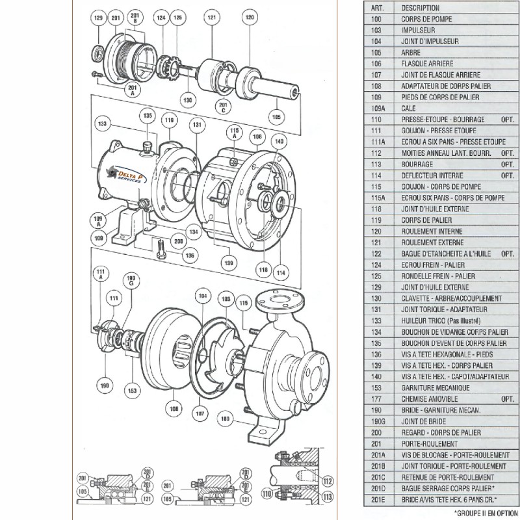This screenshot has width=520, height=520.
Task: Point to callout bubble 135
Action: (148, 116)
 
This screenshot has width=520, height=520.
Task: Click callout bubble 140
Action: (279, 141)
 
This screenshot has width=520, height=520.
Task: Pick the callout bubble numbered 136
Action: (189, 255)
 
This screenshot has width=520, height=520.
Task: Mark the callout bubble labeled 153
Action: (133, 391)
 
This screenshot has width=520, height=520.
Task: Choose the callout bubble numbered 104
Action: (203, 296)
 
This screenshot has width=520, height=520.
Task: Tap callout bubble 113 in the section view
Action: (327, 496)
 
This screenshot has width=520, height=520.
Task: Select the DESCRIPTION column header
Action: (420, 8)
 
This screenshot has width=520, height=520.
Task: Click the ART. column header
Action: (375, 8)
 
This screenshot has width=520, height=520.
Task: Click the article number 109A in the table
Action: (375, 108)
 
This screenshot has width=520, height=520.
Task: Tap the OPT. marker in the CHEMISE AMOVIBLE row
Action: (508, 399)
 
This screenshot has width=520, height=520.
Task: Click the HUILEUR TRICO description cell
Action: (441, 320)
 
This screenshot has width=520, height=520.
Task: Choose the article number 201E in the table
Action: (375, 500)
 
